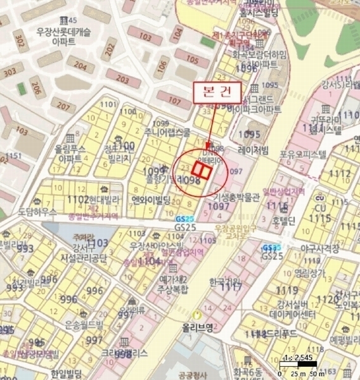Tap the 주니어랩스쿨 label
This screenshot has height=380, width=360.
[x=167, y=133]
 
